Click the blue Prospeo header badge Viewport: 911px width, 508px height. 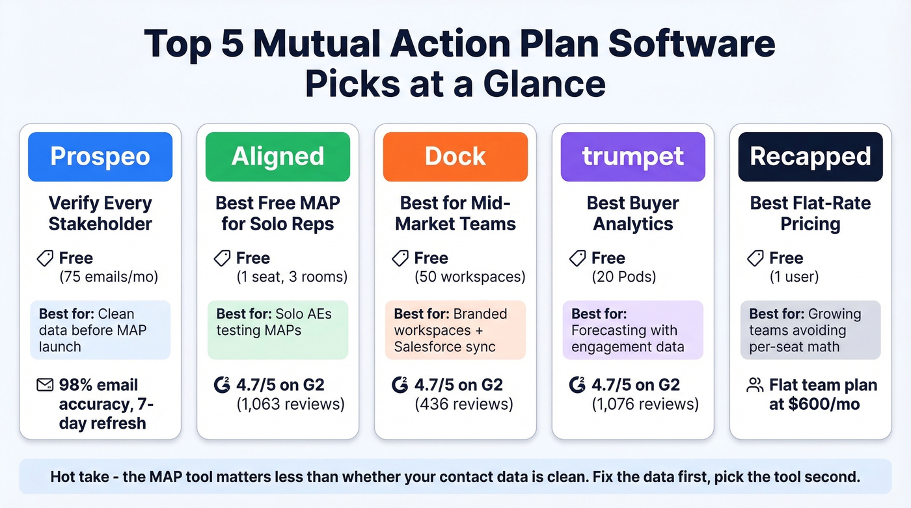100,157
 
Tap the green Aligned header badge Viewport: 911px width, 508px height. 278,157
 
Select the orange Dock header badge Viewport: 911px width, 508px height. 455,157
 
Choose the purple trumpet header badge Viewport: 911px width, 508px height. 633,157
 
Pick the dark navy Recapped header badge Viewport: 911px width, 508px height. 810,157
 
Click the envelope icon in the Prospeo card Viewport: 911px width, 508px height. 44,385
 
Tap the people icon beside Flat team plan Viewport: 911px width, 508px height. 755,386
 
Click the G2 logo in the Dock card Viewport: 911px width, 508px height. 400,385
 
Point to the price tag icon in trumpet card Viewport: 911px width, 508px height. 577,259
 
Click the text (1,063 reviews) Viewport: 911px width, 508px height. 290,405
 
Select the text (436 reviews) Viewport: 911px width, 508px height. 464,405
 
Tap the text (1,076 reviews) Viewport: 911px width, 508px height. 645,405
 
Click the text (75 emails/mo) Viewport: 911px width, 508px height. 109,277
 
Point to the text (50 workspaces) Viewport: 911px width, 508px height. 470,277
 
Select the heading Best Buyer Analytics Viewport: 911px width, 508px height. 633,213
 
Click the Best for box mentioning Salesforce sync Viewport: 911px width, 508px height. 455,330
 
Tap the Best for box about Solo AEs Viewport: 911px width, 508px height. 278,330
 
